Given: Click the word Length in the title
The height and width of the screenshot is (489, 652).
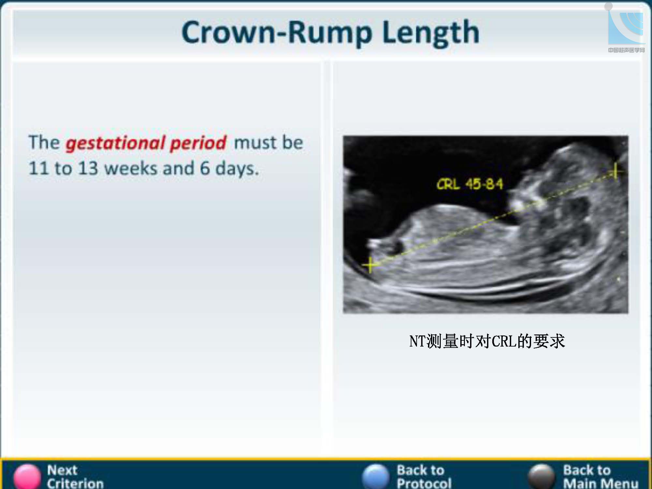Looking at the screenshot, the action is (431, 33).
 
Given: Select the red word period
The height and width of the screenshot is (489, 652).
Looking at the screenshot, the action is (198, 143).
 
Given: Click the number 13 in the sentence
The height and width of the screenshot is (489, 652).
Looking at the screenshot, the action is (88, 168).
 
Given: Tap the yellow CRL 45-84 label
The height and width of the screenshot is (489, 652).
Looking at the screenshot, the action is (470, 184).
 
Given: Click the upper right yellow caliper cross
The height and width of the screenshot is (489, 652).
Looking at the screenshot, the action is (615, 170).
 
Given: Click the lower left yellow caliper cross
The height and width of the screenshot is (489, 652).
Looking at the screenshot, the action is (370, 265).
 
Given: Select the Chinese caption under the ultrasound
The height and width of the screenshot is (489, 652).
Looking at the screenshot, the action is (487, 341).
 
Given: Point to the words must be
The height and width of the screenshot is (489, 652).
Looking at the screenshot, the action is (269, 143).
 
